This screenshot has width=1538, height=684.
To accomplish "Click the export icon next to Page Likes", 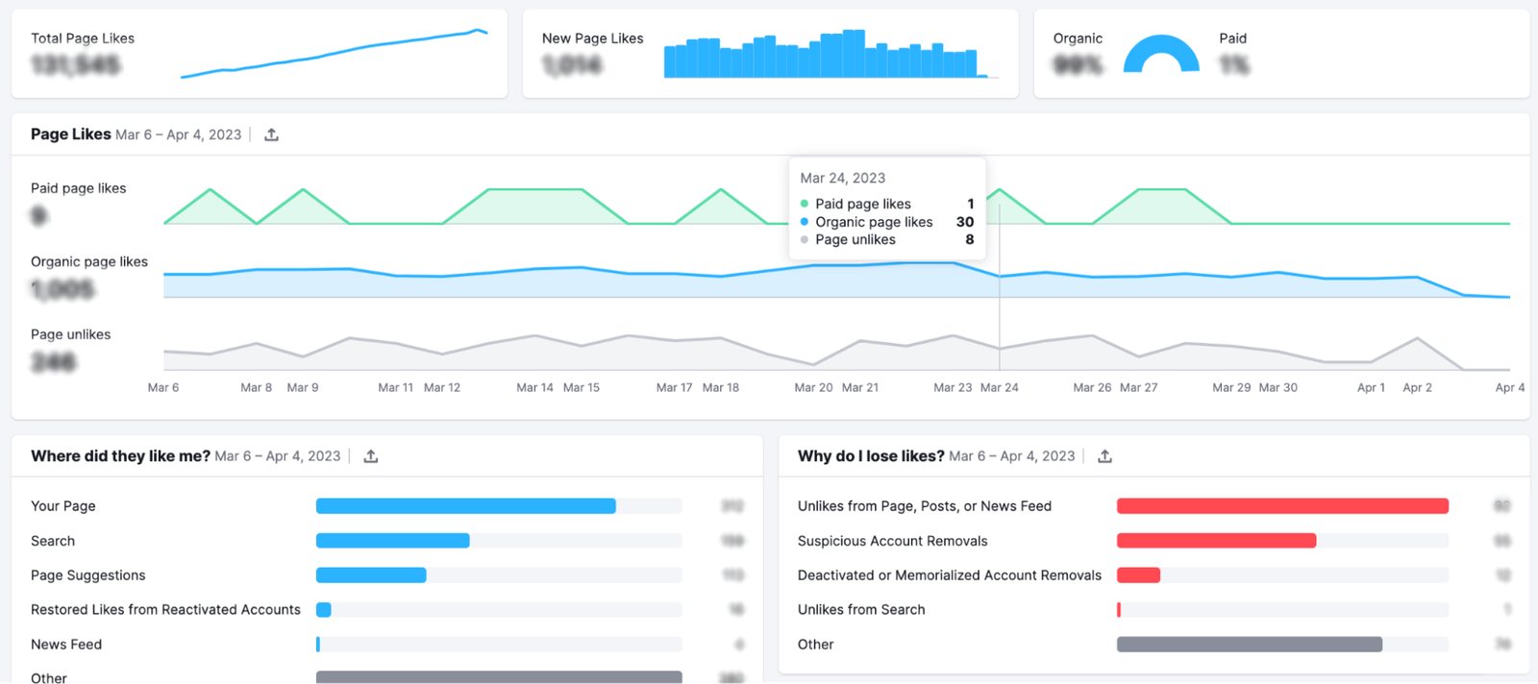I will click(x=272, y=134).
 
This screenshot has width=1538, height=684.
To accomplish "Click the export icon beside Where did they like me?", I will click(x=371, y=456).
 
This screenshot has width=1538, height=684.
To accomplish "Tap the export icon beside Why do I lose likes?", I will click(x=1104, y=456).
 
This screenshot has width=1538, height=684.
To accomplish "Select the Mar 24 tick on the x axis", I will click(x=999, y=387).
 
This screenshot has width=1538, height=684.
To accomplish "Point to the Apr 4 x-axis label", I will click(x=1509, y=387).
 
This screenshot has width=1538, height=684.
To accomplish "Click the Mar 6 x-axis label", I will click(x=163, y=387).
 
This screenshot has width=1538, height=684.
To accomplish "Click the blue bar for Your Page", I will click(x=465, y=506).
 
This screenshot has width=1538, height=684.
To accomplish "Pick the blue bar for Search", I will click(x=392, y=541).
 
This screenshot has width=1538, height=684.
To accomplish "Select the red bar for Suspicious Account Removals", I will click(x=1216, y=541).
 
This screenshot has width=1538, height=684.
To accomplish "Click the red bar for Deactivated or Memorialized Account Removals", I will click(x=1138, y=575).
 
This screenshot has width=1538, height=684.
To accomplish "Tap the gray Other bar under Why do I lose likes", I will click(x=1249, y=645).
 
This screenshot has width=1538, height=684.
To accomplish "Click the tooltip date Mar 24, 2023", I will click(x=843, y=178).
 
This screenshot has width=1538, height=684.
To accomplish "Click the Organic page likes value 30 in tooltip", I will click(x=965, y=222).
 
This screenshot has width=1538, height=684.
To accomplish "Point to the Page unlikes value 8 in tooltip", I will click(x=969, y=240).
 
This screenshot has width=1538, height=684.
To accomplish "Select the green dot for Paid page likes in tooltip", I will click(x=805, y=204).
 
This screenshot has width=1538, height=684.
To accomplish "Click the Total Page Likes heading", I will click(x=83, y=38).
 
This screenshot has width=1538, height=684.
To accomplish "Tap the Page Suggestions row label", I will click(x=88, y=575).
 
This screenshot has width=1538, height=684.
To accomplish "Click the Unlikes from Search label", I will click(x=861, y=610).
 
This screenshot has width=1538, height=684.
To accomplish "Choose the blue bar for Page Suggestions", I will click(x=371, y=575).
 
